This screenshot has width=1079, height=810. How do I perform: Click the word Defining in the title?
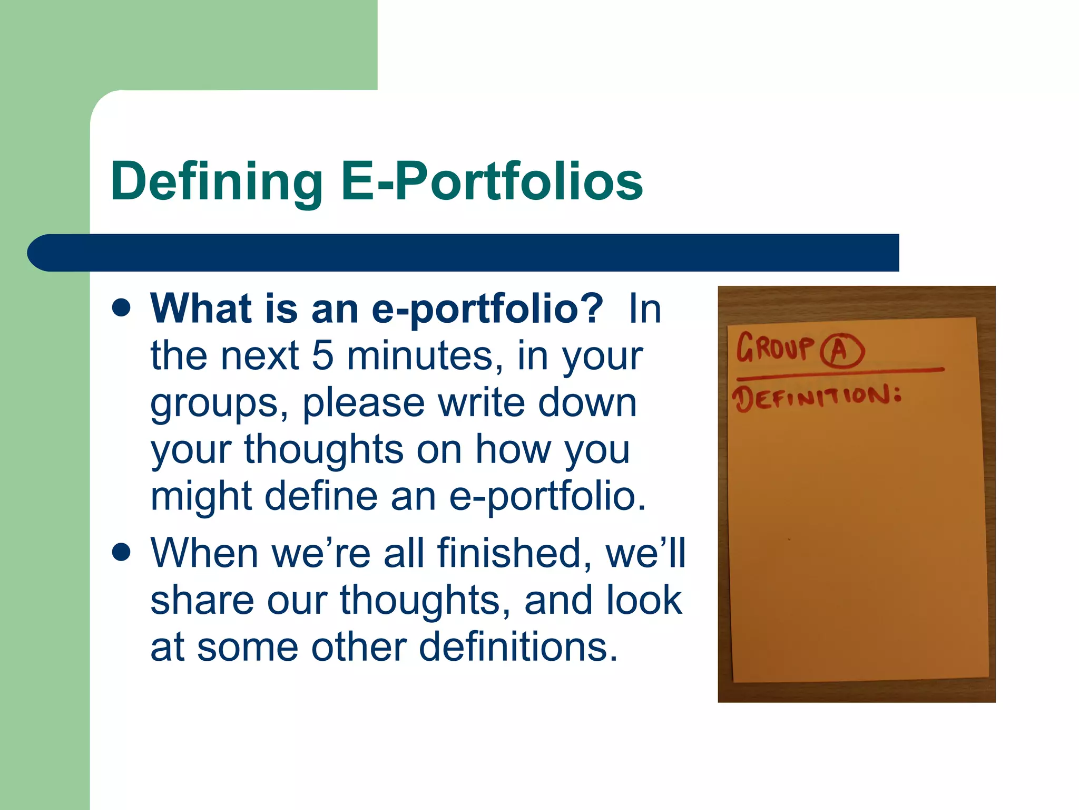tap(217, 182)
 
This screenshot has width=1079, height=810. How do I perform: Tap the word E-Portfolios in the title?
tap(492, 182)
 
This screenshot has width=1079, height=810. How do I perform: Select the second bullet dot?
tap(122, 553)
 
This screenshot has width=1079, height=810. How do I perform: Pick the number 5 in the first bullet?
tap(322, 355)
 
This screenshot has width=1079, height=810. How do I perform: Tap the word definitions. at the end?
tap(518, 647)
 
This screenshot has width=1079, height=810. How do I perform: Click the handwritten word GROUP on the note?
tap(775, 348)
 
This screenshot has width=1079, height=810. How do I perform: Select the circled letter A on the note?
tap(841, 351)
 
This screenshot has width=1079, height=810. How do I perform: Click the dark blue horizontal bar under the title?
tap(464, 253)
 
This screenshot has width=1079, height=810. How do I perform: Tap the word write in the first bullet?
tap(482, 403)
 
